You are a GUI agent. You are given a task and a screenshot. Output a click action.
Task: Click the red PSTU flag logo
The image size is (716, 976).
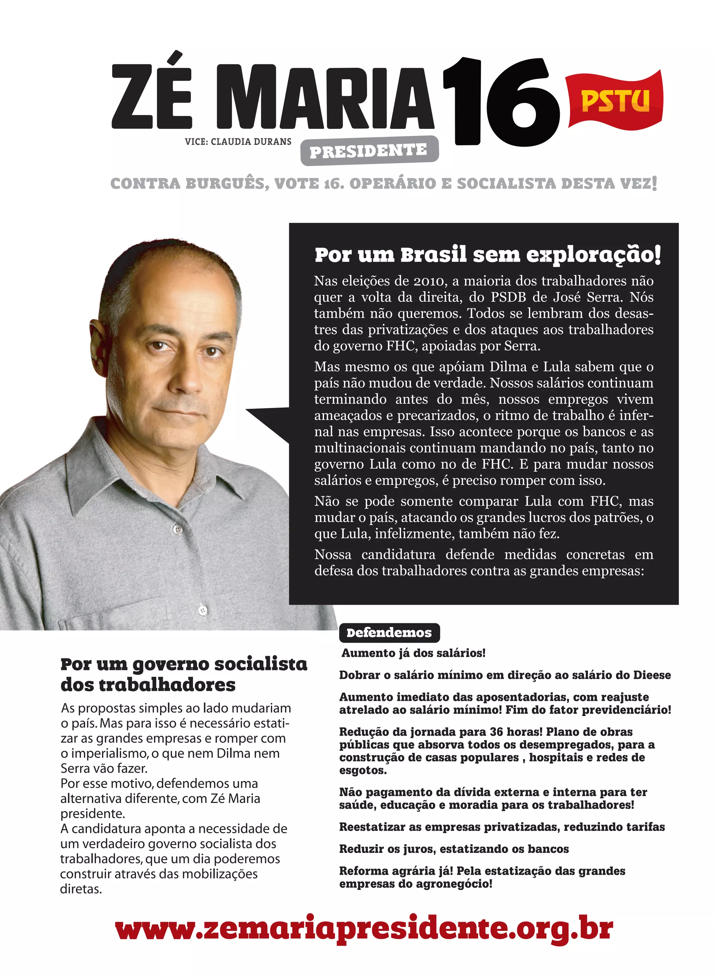615,101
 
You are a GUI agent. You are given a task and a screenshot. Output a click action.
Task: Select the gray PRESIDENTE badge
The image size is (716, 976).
369,151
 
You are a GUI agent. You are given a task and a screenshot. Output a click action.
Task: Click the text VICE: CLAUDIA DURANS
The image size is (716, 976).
238,141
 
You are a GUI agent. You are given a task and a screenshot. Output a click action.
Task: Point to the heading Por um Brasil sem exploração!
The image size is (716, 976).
488,255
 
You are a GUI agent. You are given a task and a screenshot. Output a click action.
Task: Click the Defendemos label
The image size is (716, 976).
389,633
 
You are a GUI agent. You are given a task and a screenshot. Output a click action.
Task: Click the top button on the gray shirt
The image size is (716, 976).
177,529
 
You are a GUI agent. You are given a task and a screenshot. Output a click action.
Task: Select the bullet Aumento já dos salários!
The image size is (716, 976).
413,653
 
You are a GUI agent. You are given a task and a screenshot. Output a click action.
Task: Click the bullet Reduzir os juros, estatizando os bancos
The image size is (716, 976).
454,849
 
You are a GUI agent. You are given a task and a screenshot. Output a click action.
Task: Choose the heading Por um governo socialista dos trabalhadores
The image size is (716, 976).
184,674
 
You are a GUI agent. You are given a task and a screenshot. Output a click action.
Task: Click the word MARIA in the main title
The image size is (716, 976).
325,97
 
